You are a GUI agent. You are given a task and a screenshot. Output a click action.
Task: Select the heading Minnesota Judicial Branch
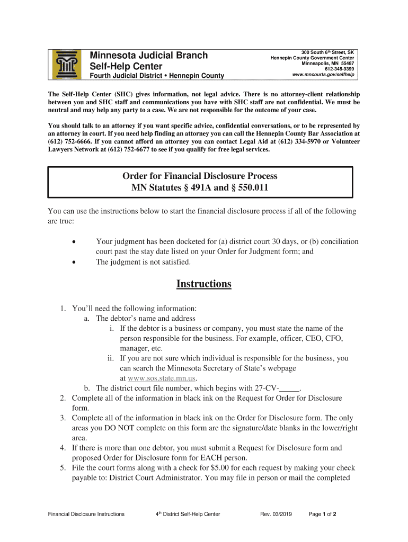pyautogui.click(x=149, y=56)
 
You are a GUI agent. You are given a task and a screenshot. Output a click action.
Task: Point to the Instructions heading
pyautogui.click(x=203, y=284)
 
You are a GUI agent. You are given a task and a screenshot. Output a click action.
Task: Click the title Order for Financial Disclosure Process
pyautogui.click(x=200, y=176)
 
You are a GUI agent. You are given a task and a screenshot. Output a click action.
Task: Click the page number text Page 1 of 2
pyautogui.click(x=323, y=514)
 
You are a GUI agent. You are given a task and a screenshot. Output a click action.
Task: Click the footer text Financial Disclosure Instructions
pyautogui.click(x=86, y=514)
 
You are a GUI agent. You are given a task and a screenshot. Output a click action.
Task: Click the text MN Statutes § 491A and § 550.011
pyautogui.click(x=200, y=187)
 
